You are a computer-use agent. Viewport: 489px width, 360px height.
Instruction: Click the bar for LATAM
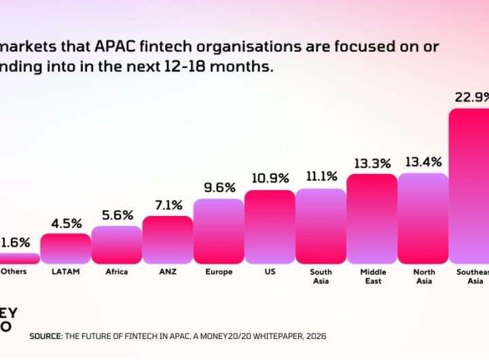coord(65,249)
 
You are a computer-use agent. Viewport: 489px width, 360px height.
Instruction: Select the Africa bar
coord(116,245)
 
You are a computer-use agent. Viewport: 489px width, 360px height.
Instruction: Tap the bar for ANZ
coord(167,240)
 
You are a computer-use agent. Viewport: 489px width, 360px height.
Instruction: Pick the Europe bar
coord(219,231)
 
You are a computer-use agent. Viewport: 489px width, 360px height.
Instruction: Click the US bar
coord(270,227)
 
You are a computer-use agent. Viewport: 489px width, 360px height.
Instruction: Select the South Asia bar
coord(321,226)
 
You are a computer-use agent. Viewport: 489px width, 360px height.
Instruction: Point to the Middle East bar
coord(372,219)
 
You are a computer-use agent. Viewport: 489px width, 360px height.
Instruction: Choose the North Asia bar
coord(423,219)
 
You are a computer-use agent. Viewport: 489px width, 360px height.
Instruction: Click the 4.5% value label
coord(67,223)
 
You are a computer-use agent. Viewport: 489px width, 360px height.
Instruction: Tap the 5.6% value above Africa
coord(117,216)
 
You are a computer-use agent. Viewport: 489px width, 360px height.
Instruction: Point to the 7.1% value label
coord(168,206)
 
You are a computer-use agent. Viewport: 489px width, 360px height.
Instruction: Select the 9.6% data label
coord(219,188)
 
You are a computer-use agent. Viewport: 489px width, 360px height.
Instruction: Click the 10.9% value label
coord(270,179)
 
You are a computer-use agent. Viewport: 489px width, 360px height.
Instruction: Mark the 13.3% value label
coord(372,163)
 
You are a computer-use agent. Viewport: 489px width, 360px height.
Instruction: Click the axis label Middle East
coord(372,276)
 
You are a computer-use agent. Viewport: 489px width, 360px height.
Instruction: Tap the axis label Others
coord(14,272)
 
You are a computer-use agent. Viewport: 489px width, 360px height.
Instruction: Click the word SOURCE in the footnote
coord(45,336)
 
